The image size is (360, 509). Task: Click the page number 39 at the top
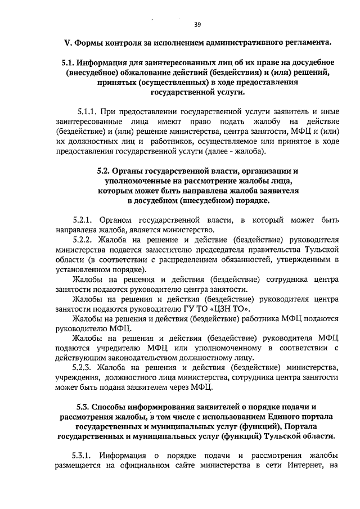pos(197,24)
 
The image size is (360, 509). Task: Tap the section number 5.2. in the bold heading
pos(105,170)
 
